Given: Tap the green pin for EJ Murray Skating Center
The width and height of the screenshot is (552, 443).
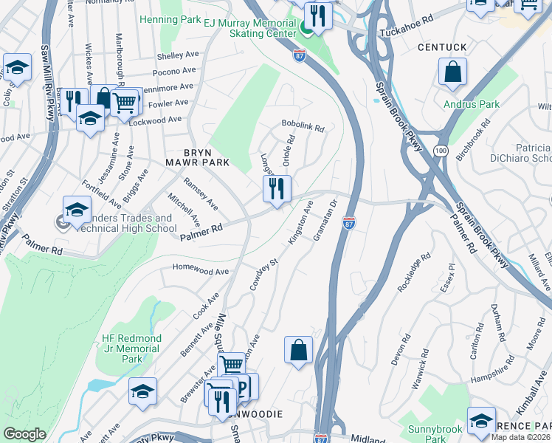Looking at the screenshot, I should tap(306, 28).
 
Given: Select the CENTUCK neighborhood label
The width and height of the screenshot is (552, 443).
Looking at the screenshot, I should tap(442, 47).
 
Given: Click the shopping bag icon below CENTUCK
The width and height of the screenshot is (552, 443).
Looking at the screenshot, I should tap(452, 72).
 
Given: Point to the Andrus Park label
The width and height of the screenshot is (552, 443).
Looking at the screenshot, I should tap(472, 104).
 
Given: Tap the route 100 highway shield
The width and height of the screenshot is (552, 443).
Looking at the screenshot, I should tap(441, 151).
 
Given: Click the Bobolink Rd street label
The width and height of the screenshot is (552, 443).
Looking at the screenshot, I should tap(303, 128).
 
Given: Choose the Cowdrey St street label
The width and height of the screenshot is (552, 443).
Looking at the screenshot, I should tap(263, 274).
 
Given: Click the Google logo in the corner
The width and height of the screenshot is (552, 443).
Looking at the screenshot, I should tap(24, 434).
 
